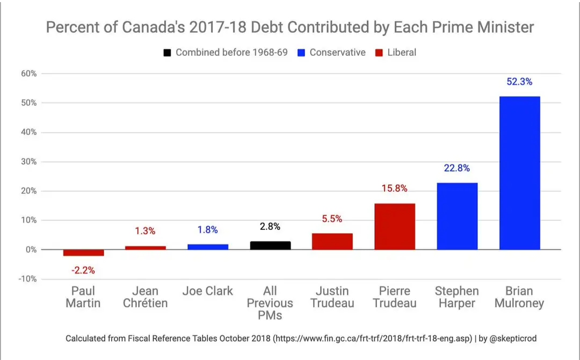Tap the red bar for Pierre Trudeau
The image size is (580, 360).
[395, 226]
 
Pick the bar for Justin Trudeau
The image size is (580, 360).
[332, 241]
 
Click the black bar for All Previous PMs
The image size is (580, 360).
[270, 246]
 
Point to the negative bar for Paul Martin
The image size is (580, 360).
[83, 253]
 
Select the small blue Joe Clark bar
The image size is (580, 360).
[208, 247]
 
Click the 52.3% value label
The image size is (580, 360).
[519, 82]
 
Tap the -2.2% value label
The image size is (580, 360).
[83, 270]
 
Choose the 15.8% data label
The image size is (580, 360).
[395, 189]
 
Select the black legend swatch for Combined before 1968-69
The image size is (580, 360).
[168, 53]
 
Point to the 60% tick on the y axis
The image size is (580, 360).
[28, 74]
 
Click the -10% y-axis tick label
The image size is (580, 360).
[27, 279]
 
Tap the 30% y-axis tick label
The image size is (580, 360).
[28, 162]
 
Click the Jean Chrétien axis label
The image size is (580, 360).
[146, 297]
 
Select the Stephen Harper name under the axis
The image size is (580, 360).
[457, 297]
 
